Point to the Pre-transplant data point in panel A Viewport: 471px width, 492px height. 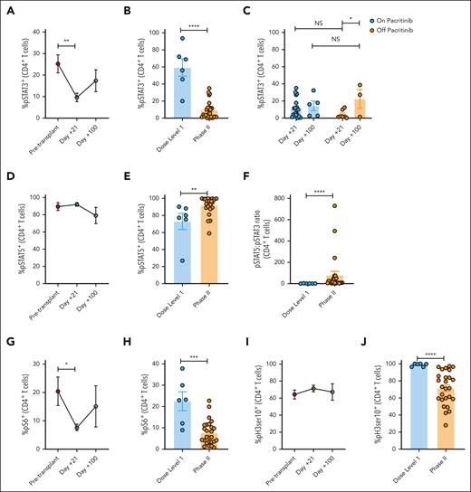pyautogui.click(x=57, y=64)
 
